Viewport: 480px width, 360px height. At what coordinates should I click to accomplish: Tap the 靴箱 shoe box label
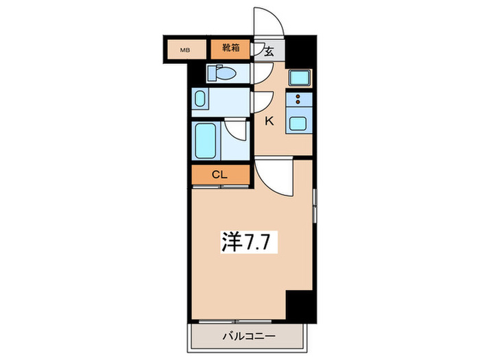pos(230,49)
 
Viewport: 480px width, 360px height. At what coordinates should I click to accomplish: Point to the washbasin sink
pos(199,100)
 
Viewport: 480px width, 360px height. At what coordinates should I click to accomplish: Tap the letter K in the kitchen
pos(269,121)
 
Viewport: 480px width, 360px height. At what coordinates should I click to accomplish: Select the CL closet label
pos(219,175)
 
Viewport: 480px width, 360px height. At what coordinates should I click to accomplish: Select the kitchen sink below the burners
pos(298,124)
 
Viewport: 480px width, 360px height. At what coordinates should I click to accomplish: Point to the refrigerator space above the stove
pos(299,78)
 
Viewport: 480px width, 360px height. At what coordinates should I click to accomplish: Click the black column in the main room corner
pos(300,304)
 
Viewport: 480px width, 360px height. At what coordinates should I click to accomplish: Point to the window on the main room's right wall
pos(315,204)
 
